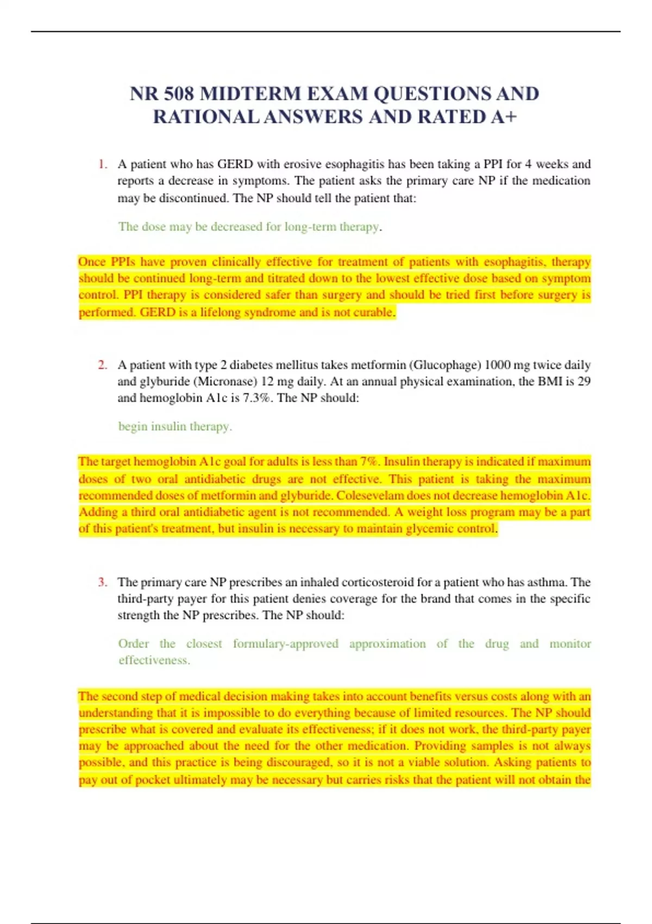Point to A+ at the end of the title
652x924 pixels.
click(x=503, y=117)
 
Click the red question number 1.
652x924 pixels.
click(x=102, y=164)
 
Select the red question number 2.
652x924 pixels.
click(x=102, y=365)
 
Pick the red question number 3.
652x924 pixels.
click(x=102, y=582)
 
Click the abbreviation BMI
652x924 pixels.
click(x=550, y=382)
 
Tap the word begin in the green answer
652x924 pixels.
click(x=133, y=427)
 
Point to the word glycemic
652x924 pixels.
click(x=429, y=529)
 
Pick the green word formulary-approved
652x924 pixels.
click(x=285, y=644)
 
